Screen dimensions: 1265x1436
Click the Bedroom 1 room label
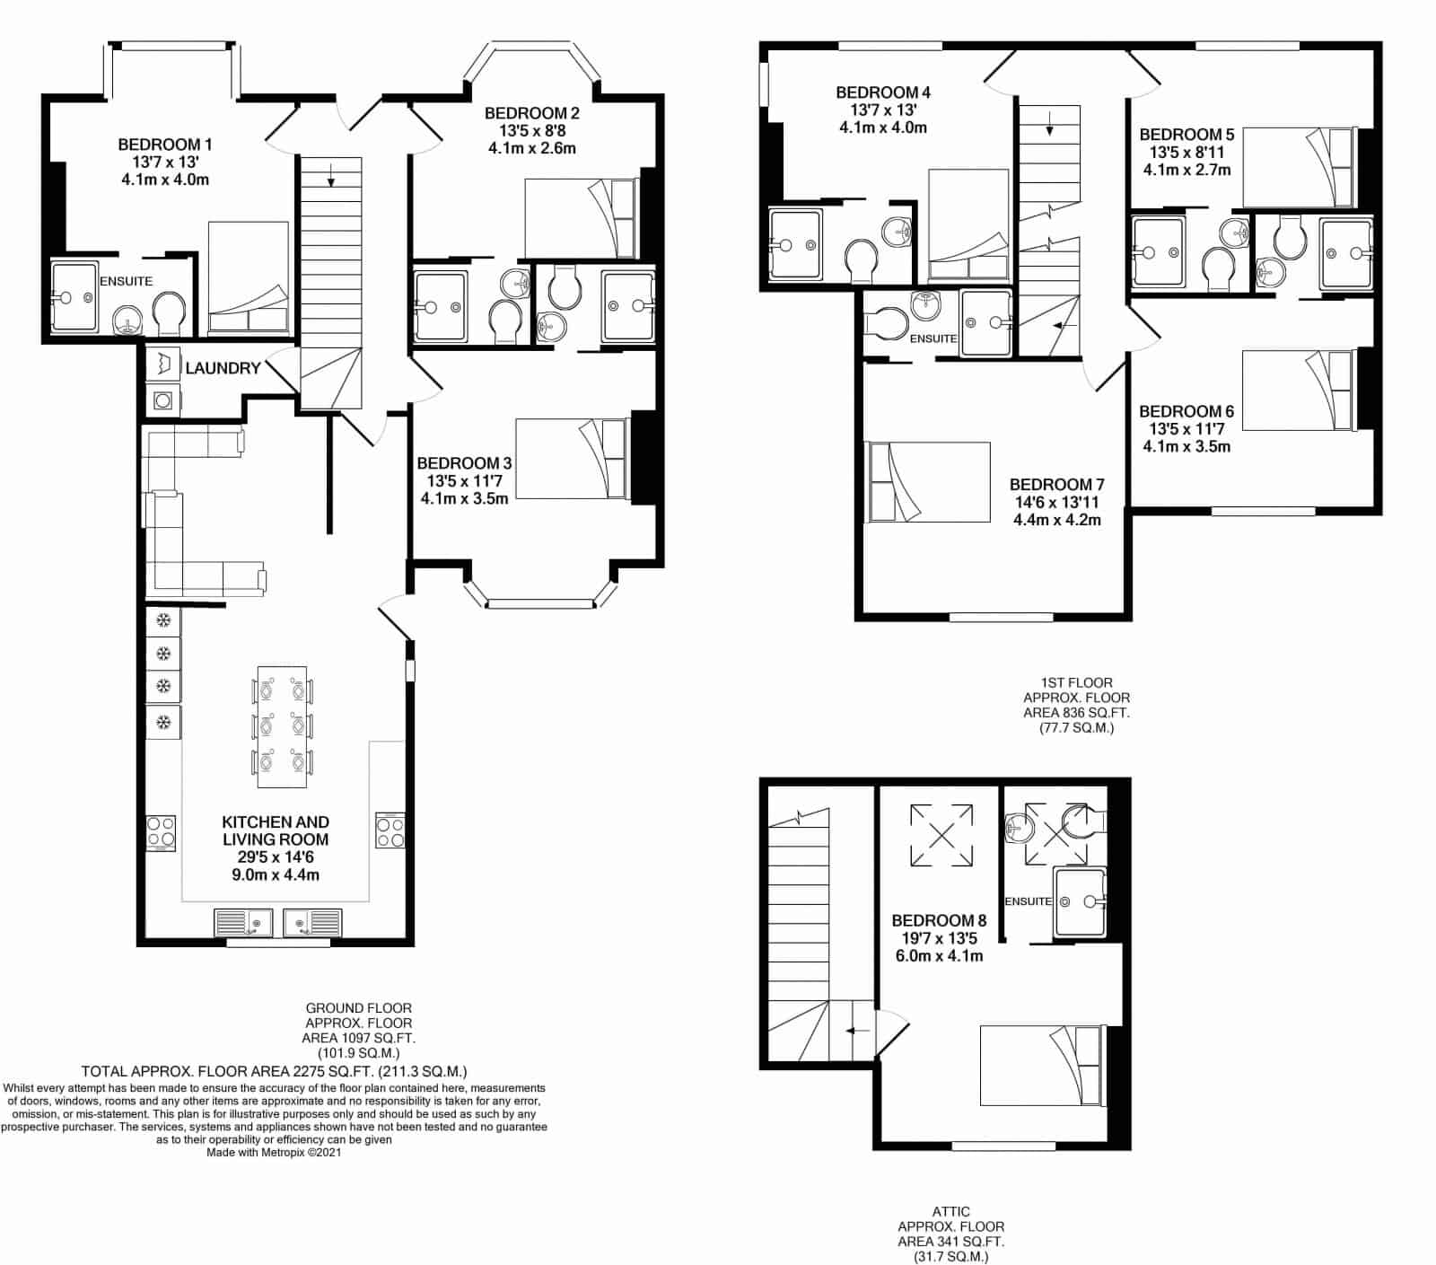pyautogui.click(x=165, y=145)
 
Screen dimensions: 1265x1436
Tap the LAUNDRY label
pyautogui.click(x=223, y=368)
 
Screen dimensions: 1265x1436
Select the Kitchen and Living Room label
pyautogui.click(x=276, y=830)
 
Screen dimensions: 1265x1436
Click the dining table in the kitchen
pyautogui.click(x=282, y=726)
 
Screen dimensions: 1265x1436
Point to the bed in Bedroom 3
pyautogui.click(x=573, y=458)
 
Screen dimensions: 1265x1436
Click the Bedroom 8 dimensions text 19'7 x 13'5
pyautogui.click(x=939, y=938)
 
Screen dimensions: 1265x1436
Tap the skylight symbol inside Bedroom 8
pyautogui.click(x=941, y=836)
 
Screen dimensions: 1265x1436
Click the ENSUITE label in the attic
pyautogui.click(x=1028, y=901)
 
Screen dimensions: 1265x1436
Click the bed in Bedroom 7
pyautogui.click(x=926, y=481)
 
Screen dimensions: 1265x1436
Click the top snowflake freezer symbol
pyautogui.click(x=163, y=620)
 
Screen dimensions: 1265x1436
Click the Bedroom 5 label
pyautogui.click(x=1186, y=135)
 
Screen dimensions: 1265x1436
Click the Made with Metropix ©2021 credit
pyautogui.click(x=274, y=1152)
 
